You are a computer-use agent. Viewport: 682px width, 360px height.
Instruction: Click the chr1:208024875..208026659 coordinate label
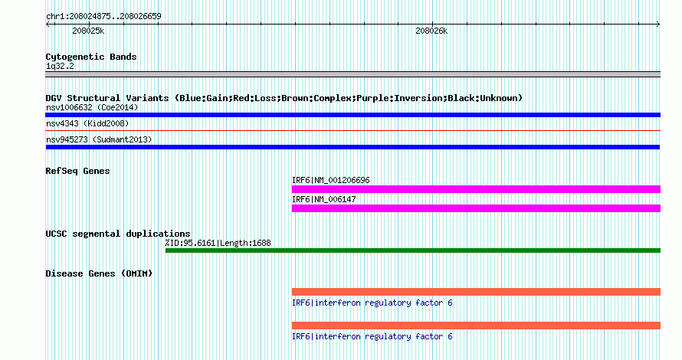103,16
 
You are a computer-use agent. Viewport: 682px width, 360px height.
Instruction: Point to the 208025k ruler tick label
88,31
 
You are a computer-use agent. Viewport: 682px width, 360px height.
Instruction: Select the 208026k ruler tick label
431,31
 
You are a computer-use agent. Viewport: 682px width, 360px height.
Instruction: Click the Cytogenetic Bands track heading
91,57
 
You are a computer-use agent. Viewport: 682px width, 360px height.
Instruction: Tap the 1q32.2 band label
60,66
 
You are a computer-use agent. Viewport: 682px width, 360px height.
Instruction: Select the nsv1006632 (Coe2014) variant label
92,107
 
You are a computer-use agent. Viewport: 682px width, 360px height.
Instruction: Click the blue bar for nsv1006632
352,115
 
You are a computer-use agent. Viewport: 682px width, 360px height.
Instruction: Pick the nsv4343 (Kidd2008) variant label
87,123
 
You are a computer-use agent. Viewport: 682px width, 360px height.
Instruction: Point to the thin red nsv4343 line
352,130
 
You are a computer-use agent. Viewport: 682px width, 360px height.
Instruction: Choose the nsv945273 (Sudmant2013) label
99,139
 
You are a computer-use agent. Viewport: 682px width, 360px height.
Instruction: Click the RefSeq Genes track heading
77,171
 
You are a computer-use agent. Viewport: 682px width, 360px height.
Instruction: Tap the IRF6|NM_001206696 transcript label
331,180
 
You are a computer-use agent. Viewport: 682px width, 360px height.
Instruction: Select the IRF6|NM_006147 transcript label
324,199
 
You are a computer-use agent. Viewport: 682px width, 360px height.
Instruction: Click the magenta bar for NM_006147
477,208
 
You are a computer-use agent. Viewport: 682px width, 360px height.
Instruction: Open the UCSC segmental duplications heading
118,234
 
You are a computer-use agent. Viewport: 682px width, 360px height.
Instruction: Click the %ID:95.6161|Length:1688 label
218,243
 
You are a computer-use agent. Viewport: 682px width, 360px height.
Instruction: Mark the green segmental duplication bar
413,250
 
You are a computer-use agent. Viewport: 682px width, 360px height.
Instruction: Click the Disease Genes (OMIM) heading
99,273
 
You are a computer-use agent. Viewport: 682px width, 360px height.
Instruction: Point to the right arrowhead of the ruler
658,25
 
